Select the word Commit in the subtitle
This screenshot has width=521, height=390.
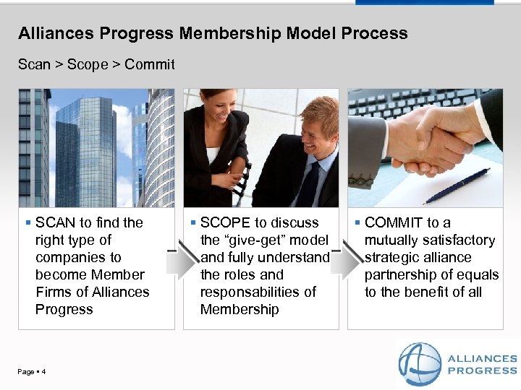pyautogui.click(x=150, y=64)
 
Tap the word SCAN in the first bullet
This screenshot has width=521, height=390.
pyautogui.click(x=56, y=222)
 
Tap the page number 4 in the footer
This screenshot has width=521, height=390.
pyautogui.click(x=44, y=372)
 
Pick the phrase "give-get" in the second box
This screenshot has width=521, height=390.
pyautogui.click(x=256, y=240)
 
